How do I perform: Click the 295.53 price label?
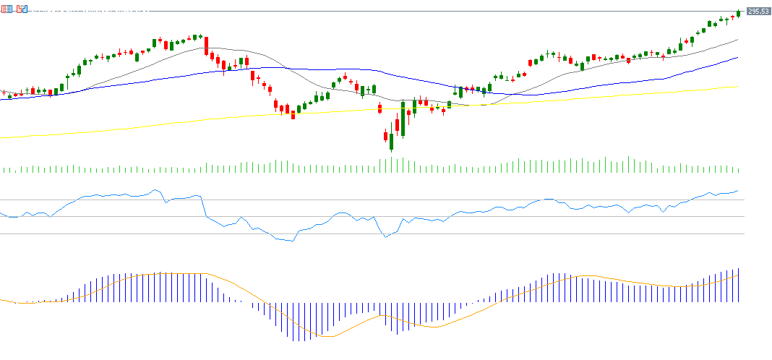tap(757, 12)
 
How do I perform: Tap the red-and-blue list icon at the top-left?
tap(6, 9)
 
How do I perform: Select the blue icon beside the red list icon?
tap(22, 9)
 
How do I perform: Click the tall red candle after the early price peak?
tap(206, 46)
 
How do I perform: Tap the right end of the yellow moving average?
tap(737, 86)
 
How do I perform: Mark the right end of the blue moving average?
tap(737, 57)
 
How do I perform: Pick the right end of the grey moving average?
tap(737, 39)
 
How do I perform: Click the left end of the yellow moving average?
tap(1, 137)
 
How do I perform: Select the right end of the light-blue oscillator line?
tap(738, 191)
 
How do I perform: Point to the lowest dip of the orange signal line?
tap(327, 336)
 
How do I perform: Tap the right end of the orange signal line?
tap(738, 274)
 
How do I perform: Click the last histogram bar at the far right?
tap(739, 285)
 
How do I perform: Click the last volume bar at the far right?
tap(738, 169)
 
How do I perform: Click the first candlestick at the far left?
tap(4, 93)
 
